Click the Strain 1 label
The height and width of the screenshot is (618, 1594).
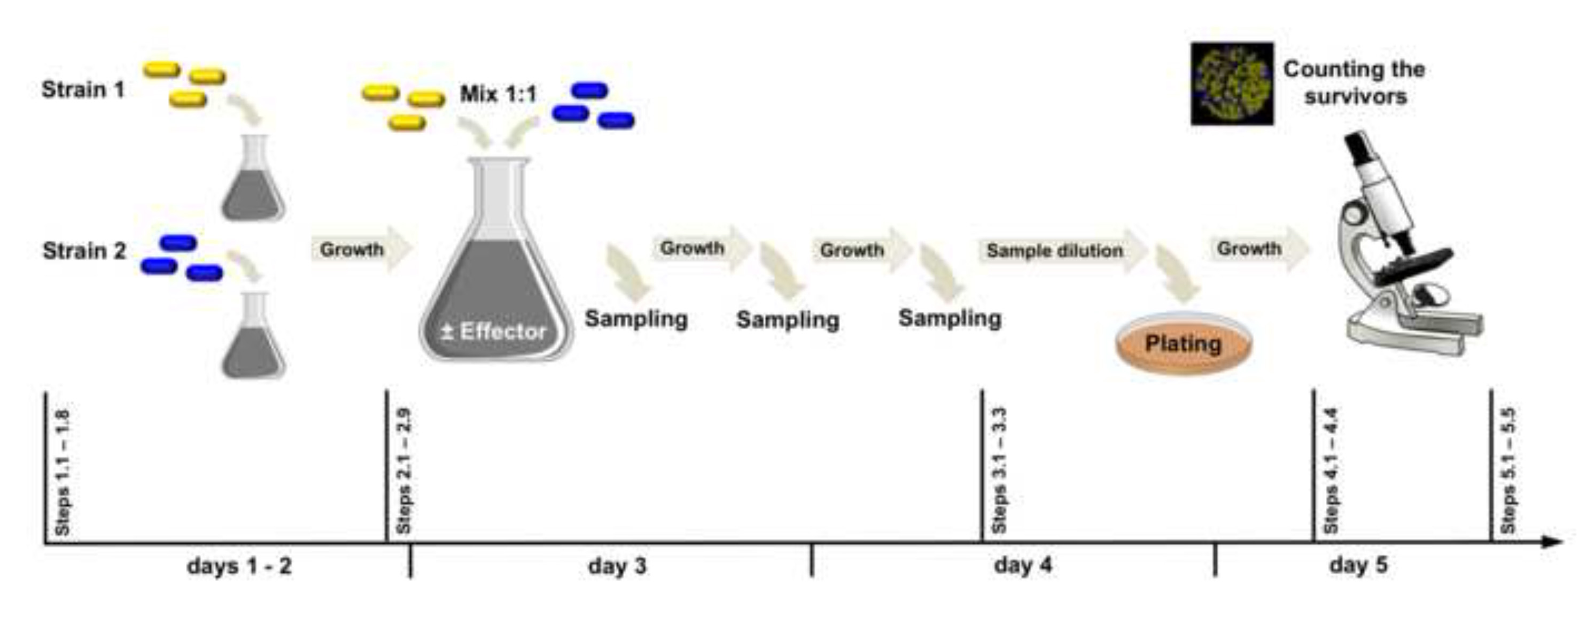[83, 90]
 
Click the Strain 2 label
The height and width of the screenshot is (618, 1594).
[84, 251]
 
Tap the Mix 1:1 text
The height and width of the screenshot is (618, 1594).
[498, 94]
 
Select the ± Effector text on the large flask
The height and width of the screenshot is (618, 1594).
[494, 331]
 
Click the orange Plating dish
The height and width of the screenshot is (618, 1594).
[1183, 344]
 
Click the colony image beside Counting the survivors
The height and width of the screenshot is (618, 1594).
[1232, 83]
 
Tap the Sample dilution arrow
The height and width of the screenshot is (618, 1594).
[1062, 251]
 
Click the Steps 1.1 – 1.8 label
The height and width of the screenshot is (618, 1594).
[63, 472]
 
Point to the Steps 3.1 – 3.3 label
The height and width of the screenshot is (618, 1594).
[999, 470]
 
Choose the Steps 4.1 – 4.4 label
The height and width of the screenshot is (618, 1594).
[1331, 470]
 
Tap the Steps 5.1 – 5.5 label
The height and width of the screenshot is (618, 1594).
[1508, 470]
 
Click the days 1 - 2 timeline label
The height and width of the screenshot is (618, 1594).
[239, 567]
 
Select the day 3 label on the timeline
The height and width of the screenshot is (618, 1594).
[617, 566]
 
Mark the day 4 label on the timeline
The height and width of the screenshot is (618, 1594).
[1023, 566]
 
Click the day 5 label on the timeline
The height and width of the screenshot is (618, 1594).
[1358, 566]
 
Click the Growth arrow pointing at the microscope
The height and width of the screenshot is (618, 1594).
[1259, 248]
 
